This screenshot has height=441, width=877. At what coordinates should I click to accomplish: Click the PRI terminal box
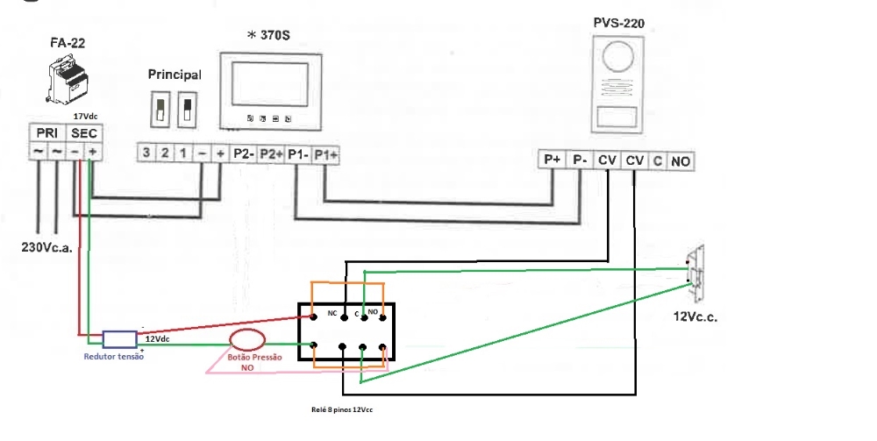coord(46,132)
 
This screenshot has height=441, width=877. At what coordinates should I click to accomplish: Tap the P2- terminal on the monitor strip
coord(244,153)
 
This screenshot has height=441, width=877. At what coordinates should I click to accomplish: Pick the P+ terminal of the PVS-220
coord(552,160)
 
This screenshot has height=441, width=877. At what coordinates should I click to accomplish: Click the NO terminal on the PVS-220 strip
coord(681,161)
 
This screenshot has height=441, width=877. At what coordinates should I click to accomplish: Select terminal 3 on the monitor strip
coord(146,153)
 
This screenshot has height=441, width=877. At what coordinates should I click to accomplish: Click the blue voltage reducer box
coord(118,339)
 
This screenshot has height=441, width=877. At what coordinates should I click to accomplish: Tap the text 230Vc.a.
coord(46,246)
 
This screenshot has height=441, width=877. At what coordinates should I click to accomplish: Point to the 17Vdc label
coord(86,115)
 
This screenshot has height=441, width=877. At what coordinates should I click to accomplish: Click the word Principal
coord(175,75)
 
